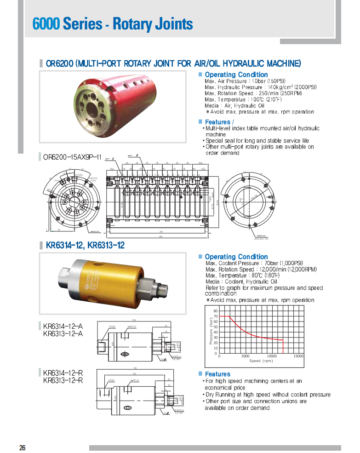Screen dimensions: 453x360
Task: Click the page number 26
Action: pyautogui.click(x=22, y=447)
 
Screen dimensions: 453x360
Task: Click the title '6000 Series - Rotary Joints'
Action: pyautogui.click(x=113, y=23)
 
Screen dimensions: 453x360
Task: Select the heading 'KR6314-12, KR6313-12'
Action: pyautogui.click(x=85, y=245)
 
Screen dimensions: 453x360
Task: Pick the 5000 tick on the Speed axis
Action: pyautogui.click(x=246, y=356)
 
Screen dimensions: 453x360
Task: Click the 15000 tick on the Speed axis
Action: pyautogui.click(x=298, y=356)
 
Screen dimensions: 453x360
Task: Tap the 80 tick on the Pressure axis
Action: pyautogui.click(x=216, y=311)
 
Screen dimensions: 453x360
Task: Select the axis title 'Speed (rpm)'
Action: pyautogui.click(x=261, y=361)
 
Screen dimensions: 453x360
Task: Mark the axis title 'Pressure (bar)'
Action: pyautogui.click(x=211, y=332)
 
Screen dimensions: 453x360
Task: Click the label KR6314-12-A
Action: pyautogui.click(x=63, y=327)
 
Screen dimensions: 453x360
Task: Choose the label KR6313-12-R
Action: pyautogui.click(x=63, y=380)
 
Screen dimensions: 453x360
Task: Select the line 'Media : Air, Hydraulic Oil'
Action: pyautogui.click(x=234, y=106)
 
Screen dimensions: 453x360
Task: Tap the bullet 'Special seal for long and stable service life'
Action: pyautogui.click(x=257, y=141)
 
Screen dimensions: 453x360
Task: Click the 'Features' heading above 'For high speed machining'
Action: pyautogui.click(x=217, y=374)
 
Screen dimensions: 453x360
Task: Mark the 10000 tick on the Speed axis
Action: pyautogui.click(x=272, y=356)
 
